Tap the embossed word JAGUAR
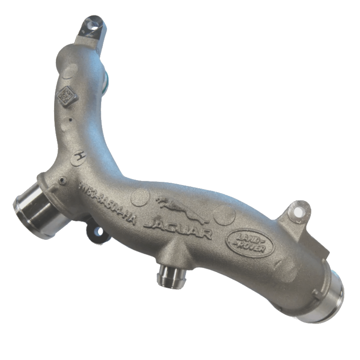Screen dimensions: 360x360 (x=179, y=228)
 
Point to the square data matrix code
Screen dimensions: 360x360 (x=67, y=95)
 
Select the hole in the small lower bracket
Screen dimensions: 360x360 (x=98, y=233)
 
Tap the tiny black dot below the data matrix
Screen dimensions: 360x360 (x=70, y=120)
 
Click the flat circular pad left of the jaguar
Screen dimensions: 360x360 (x=140, y=197)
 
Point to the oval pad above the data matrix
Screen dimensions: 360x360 (x=70, y=71)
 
